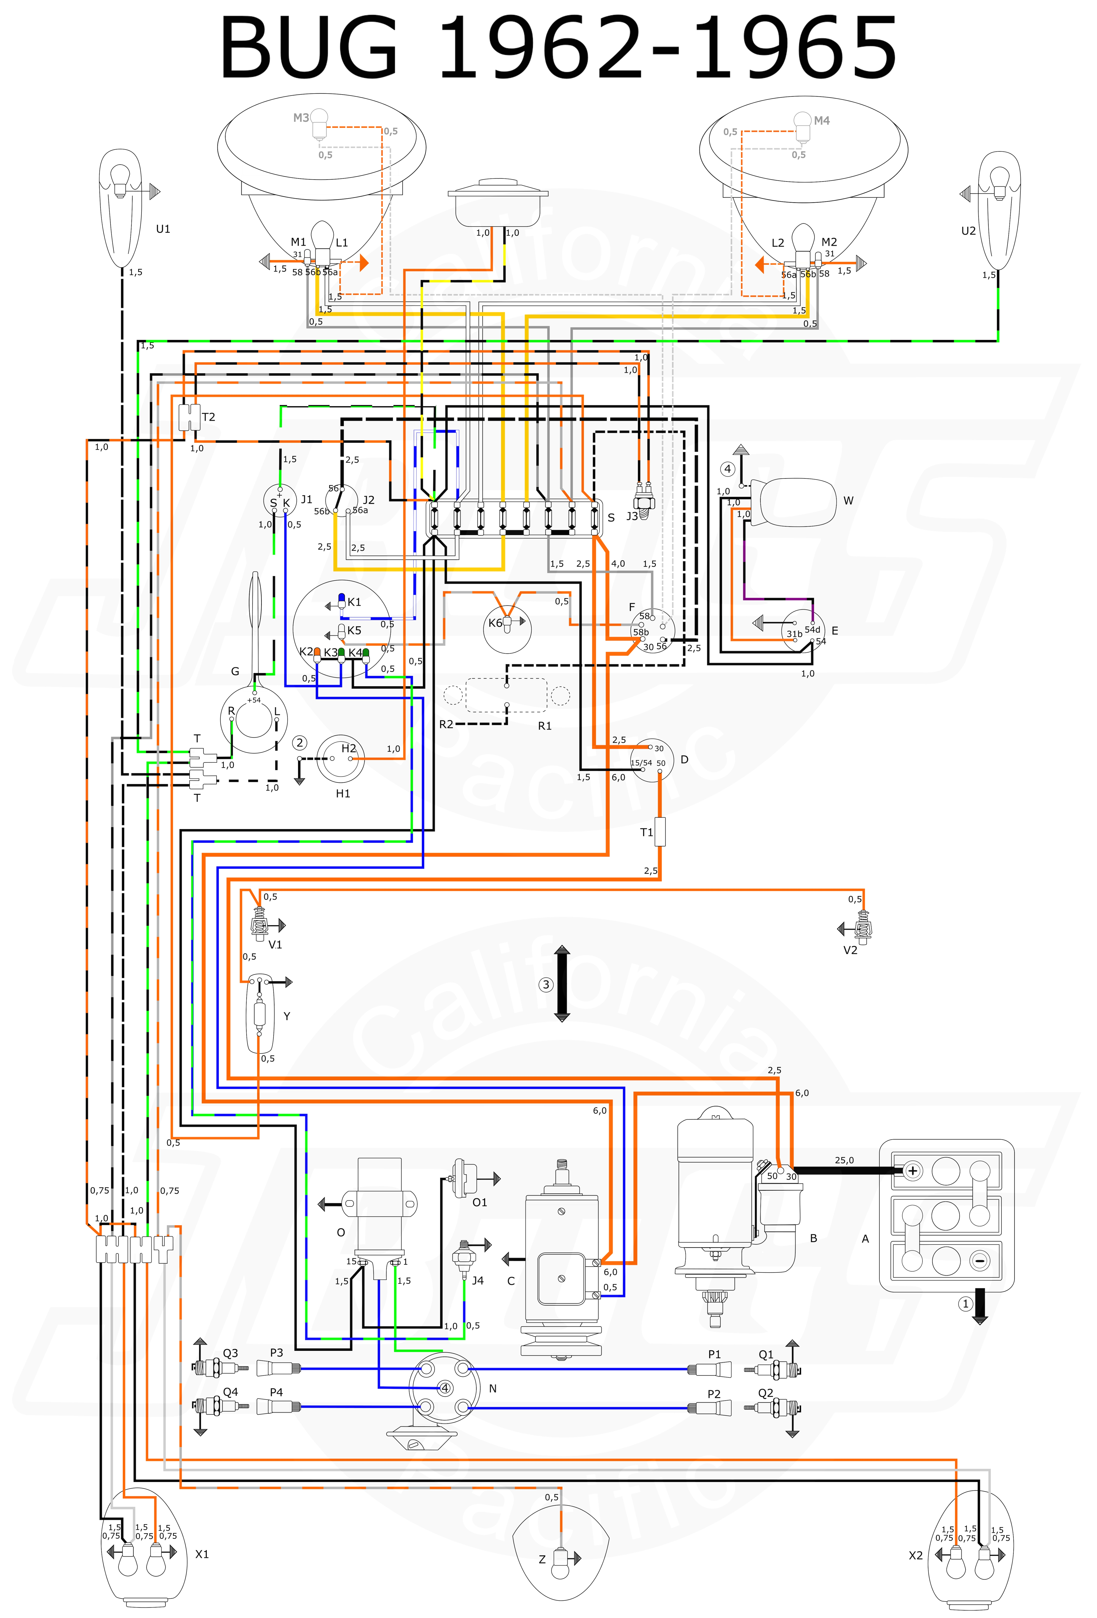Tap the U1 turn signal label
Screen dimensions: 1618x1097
(163, 229)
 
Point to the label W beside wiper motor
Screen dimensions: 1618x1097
(848, 501)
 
